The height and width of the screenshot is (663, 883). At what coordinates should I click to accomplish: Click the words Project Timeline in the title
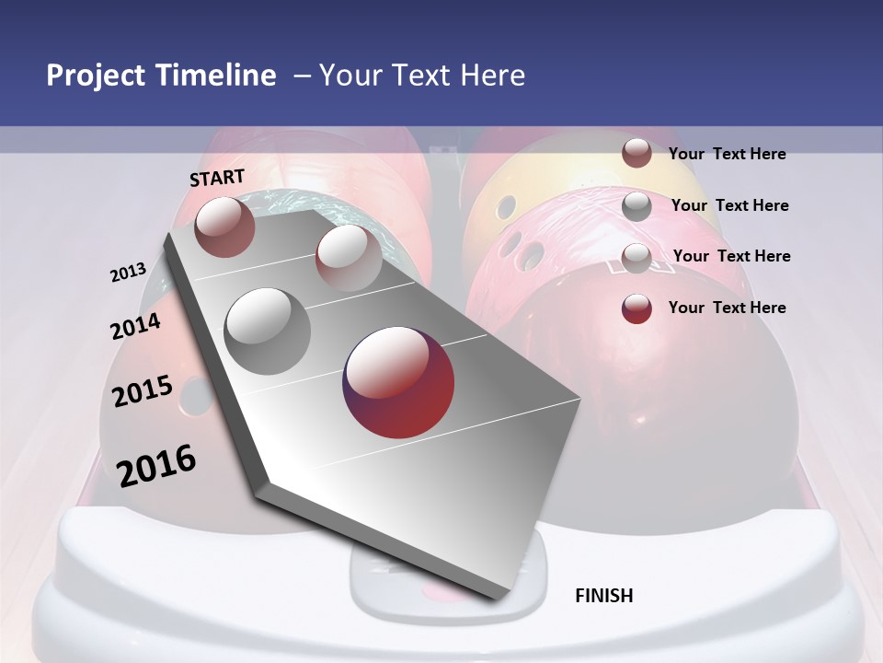point(161,76)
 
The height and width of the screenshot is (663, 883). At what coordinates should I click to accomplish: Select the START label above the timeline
point(217,178)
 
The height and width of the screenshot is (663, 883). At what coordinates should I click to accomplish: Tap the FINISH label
point(603,596)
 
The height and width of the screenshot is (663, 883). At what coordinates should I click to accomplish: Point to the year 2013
point(129,273)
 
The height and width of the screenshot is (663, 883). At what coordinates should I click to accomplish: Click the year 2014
point(135,327)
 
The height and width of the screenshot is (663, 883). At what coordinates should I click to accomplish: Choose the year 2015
point(143,391)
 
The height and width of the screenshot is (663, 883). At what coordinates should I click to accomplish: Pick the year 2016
point(156,466)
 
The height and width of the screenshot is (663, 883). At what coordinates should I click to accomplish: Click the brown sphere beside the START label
point(225,227)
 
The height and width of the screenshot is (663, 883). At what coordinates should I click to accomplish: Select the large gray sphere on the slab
point(267,331)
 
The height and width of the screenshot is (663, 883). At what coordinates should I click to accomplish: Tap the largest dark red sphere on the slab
point(398,382)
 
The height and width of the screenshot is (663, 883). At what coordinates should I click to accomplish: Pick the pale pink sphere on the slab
point(349,257)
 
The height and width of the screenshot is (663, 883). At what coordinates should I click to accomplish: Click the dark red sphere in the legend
point(636,308)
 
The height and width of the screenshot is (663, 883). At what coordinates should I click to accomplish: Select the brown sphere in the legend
point(636,153)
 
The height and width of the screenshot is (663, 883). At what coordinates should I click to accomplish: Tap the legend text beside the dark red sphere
point(727,308)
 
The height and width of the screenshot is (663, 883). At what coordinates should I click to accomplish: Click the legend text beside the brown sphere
point(727,154)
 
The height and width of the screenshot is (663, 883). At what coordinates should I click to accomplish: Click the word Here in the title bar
point(491,76)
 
